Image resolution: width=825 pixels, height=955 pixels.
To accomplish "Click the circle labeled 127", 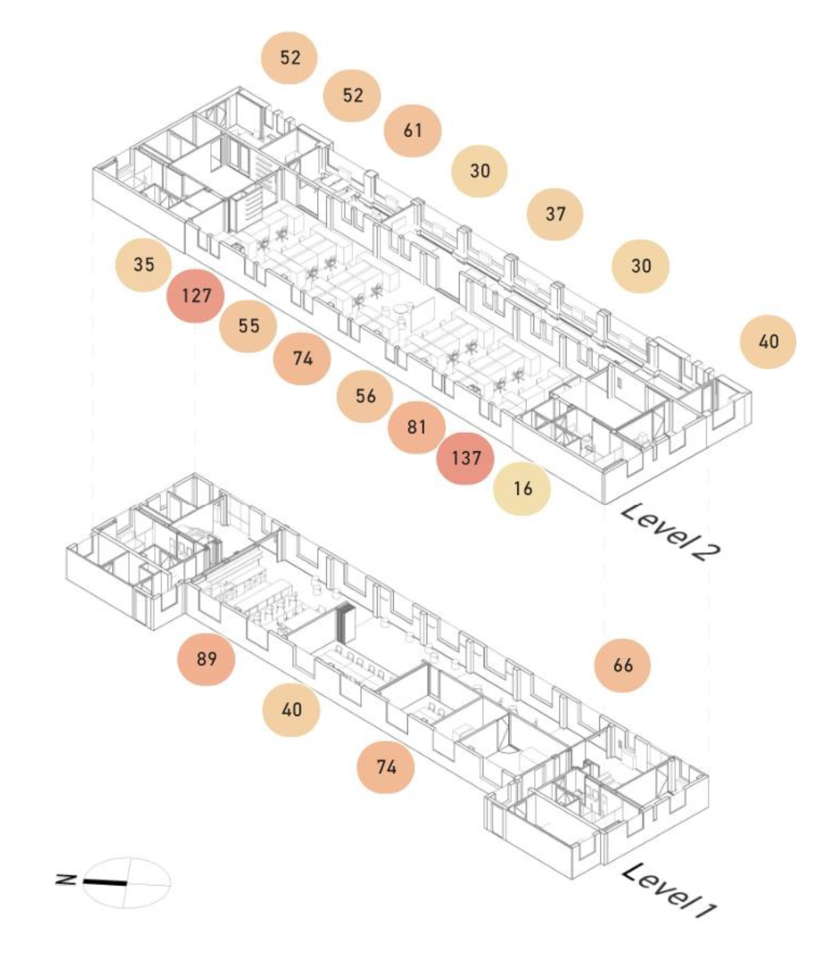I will pos(196,295).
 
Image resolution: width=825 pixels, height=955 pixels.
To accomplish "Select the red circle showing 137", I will pos(466,458).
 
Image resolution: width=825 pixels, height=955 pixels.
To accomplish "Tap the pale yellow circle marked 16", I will pos(522,488).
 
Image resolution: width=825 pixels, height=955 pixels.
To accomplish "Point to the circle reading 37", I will pos(555,214).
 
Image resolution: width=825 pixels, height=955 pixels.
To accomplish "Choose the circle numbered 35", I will pos(143,264).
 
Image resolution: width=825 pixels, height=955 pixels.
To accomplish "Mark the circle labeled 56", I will pos(365,396).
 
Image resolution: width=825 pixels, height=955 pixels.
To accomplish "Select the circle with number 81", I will pos(416,427).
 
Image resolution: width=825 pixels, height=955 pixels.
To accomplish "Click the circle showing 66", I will pos(623,665).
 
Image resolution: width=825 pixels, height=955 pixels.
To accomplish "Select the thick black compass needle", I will pos(105,883).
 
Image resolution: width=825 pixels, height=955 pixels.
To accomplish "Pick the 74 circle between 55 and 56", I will pos(302,359).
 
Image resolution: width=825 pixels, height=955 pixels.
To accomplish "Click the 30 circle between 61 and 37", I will pos(480,171).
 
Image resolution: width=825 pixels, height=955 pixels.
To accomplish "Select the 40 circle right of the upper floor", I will pos(768,342).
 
